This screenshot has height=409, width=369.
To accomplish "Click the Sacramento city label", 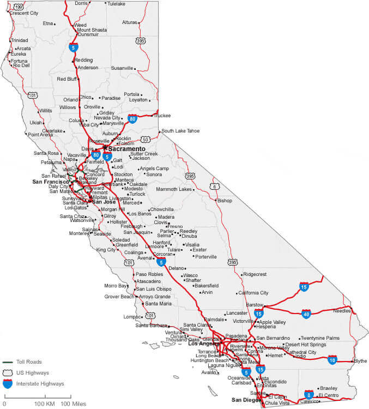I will [x=127, y=148].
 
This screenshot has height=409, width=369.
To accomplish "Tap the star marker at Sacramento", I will [x=105, y=147].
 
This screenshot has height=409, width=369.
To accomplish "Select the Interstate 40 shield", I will [x=306, y=314].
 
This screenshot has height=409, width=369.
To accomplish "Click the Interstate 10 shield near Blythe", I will [x=332, y=359].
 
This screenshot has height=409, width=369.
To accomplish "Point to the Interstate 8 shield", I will [x=309, y=394].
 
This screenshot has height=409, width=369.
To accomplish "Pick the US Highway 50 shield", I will [x=144, y=139].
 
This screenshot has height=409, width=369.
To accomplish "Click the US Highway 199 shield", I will [x=19, y=6].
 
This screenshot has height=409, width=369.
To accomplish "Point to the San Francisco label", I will [x=51, y=182].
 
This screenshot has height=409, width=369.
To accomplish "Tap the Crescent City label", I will [x=24, y=13].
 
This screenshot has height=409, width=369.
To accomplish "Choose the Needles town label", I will [x=342, y=311].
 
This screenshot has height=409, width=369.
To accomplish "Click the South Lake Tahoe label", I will [x=180, y=131].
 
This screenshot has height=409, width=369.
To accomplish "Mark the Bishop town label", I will [x=225, y=201].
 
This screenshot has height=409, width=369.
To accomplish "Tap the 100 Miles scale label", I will [x=74, y=404].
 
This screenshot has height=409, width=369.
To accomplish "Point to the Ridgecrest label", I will [x=255, y=274].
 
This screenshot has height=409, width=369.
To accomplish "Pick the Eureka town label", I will [x=19, y=54].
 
